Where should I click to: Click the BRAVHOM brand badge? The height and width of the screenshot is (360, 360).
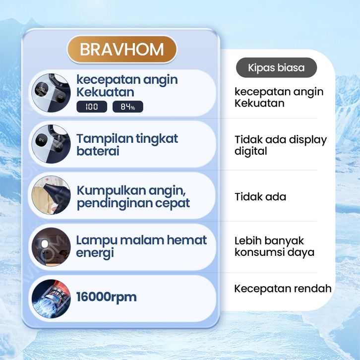pyautogui.click(x=122, y=50)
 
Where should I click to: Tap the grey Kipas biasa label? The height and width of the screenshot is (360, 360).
pyautogui.click(x=276, y=67)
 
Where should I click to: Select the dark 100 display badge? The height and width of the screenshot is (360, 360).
pyautogui.click(x=92, y=107)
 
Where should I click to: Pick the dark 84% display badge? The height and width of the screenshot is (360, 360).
pyautogui.click(x=128, y=107)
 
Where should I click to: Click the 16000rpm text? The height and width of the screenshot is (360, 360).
pyautogui.click(x=106, y=297)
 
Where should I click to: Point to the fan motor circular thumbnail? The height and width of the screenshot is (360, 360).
pyautogui.click(x=51, y=299)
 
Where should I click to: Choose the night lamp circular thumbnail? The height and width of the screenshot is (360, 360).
pyautogui.click(x=51, y=247)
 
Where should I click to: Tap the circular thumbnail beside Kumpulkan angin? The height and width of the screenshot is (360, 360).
pyautogui.click(x=51, y=195)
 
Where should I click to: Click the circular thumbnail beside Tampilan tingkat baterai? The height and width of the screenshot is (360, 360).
pyautogui.click(x=51, y=144)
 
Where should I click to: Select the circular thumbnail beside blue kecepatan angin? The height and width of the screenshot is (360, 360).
pyautogui.click(x=51, y=93)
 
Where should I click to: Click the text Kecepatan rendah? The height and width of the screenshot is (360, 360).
pyautogui.click(x=283, y=289)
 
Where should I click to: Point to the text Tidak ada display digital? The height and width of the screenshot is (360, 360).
pyautogui.click(x=281, y=145)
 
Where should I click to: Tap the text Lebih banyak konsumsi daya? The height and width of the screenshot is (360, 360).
pyautogui.click(x=274, y=246)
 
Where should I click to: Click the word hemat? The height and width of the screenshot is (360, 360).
pyautogui.click(x=186, y=240)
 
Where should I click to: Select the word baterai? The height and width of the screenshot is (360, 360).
pyautogui.click(x=98, y=151)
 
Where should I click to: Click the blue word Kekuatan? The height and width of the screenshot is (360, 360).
pyautogui.click(x=106, y=92)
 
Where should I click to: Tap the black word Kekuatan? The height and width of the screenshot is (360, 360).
pyautogui.click(x=259, y=103)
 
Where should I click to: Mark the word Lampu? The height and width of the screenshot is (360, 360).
pyautogui.click(x=97, y=241)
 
